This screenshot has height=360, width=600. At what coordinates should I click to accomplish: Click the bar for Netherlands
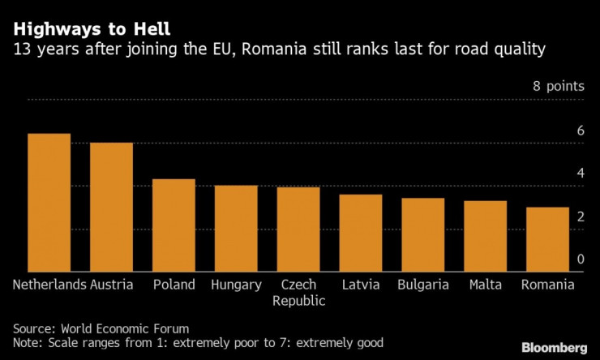point(49,203)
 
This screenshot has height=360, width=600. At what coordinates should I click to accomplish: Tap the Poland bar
point(174,225)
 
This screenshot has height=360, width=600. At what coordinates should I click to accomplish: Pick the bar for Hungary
point(236,229)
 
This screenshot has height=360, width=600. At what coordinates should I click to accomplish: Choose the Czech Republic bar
point(298,229)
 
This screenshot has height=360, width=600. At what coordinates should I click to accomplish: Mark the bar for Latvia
point(361,234)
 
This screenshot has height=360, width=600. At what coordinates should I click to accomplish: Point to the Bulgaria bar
point(423,235)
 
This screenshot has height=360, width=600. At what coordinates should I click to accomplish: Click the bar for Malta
point(485,236)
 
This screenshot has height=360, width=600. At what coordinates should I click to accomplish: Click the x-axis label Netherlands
point(49,285)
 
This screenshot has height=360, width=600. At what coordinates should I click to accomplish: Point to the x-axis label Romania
point(547,285)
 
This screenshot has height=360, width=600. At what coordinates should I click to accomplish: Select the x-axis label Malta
point(485,285)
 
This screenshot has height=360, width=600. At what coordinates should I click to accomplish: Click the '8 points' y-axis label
point(558,88)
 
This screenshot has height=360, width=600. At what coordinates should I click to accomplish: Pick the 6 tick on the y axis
point(580,131)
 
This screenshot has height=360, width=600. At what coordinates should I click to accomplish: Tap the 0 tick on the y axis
point(580,259)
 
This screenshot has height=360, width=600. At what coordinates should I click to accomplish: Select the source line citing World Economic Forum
point(101,328)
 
